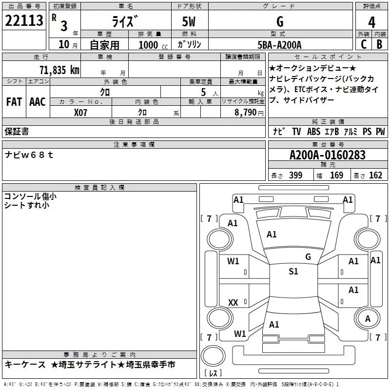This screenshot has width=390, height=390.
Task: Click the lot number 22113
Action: pos(24,20)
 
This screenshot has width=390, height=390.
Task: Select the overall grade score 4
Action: pos(371,22)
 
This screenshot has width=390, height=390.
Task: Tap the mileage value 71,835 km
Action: pos(59,70)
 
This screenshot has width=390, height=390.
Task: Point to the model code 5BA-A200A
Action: pos(279,45)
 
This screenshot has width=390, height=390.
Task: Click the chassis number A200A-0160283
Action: pos(328,155)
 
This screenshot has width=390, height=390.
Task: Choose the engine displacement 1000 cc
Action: pos(153,45)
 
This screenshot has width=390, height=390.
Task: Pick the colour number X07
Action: pos(80,113)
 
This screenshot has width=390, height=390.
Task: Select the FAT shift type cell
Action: pos(14,102)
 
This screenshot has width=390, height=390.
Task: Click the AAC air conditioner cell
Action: pos(38,102)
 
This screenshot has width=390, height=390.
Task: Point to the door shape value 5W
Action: pos(189,21)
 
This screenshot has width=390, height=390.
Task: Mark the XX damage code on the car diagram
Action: pos(233,302)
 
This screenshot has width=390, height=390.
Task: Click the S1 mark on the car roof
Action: pos(293,271)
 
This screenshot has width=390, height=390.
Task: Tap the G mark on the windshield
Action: pos(308,256)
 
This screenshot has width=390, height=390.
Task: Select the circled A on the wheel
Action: pos(368,319)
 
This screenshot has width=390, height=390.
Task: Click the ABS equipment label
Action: pos(313,131)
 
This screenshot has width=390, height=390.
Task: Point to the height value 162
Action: pos(375,175)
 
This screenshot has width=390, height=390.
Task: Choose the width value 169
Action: pos(336,175)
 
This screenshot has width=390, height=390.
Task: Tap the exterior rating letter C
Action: pos(364,44)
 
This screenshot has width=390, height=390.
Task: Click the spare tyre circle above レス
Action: pos(213,356)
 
